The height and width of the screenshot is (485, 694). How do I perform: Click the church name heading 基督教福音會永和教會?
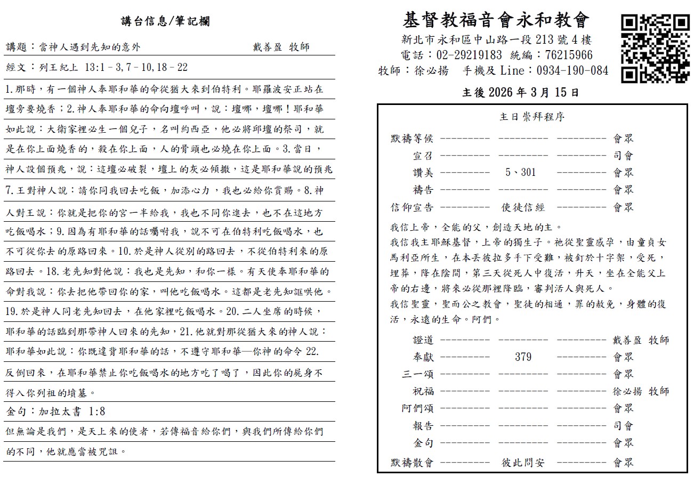(497, 20)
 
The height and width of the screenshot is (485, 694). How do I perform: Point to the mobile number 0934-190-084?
(567, 70)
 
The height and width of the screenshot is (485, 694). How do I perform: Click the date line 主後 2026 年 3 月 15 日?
(520, 92)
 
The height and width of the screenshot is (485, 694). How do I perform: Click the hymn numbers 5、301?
(521, 172)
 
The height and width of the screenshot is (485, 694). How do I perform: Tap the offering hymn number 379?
(523, 357)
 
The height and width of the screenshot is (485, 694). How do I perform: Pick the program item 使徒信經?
(523, 207)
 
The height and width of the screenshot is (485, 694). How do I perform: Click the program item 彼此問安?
(523, 462)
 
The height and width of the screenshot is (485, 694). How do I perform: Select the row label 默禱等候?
(412, 139)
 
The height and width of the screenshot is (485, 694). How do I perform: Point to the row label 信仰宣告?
(412, 207)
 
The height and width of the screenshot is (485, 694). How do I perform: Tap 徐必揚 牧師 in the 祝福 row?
(641, 391)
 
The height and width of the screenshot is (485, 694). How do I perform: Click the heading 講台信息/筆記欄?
(165, 21)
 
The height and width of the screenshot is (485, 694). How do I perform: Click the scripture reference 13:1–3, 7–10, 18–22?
(133, 68)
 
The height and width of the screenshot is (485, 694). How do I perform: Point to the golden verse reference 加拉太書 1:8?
(72, 411)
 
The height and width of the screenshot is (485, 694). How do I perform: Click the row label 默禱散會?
(412, 462)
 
